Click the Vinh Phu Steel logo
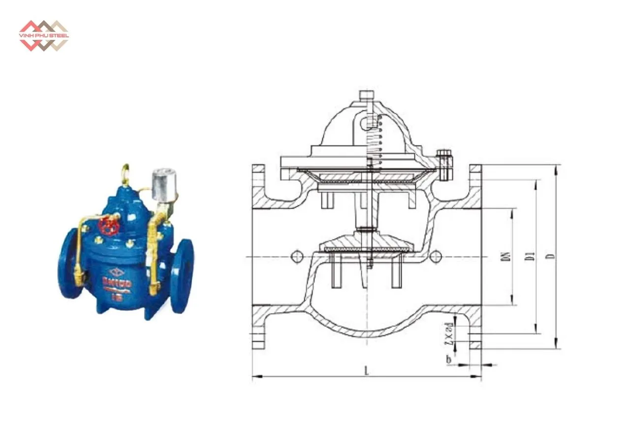pyautogui.click(x=43, y=35)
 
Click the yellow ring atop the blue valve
pyautogui.click(x=126, y=174)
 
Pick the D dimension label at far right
pyautogui.click(x=552, y=256)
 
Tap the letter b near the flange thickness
pyautogui.click(x=448, y=361)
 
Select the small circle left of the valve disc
pyautogui.click(x=296, y=256)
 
